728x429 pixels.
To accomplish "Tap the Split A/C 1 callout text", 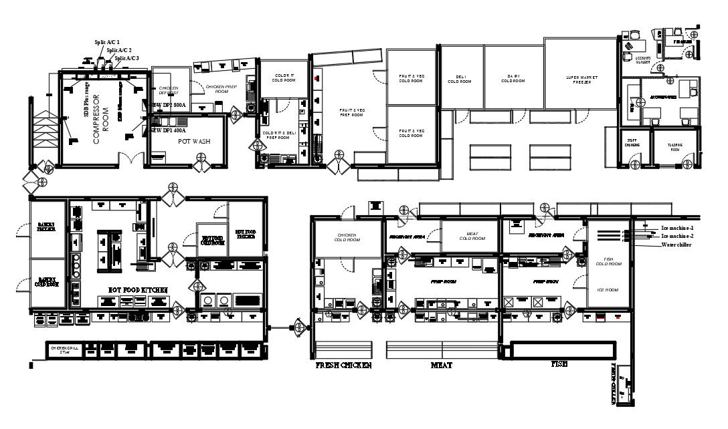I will [x=107, y=42].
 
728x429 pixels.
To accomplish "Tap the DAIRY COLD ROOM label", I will [x=514, y=80].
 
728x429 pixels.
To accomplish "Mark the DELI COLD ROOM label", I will [x=460, y=80].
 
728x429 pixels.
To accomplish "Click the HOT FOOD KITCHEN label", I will [x=138, y=289].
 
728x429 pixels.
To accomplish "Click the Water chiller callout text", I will [x=676, y=245].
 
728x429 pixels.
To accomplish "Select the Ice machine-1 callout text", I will [x=677, y=228].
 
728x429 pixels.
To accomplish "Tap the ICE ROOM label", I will [x=608, y=290].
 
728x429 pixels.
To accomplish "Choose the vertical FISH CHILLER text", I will [x=615, y=384].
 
